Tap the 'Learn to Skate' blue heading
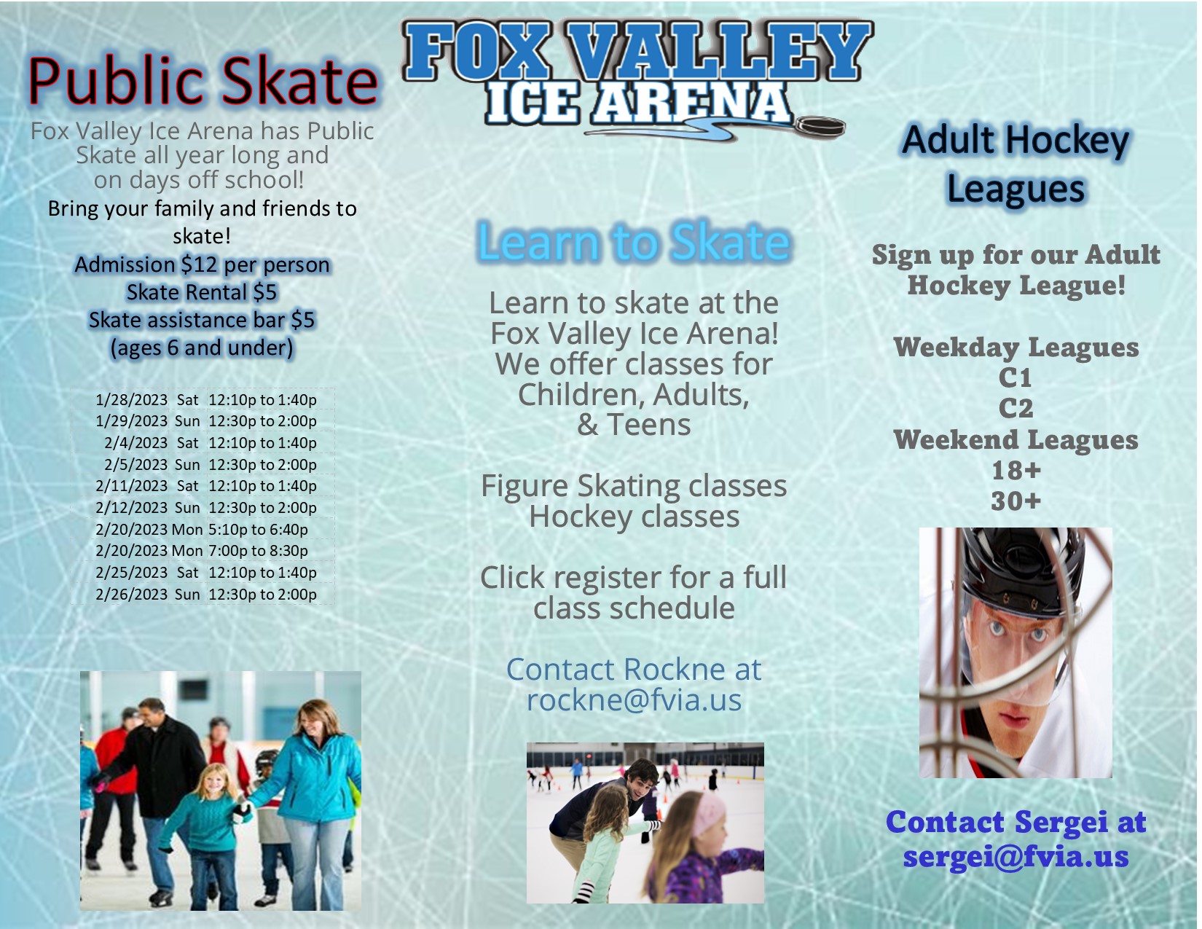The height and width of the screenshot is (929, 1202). point(633,242)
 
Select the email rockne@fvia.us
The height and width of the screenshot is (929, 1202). point(634,700)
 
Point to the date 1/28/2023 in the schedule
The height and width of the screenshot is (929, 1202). point(131,400)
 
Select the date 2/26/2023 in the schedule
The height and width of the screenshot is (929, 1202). point(131,595)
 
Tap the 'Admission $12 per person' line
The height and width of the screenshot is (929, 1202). point(202,264)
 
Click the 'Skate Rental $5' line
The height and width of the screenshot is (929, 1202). point(202,292)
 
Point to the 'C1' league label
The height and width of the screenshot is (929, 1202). point(1016,378)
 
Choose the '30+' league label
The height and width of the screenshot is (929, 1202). point(1016,501)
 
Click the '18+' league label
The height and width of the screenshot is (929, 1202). point(1016,471)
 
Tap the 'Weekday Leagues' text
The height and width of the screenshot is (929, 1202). point(1016,348)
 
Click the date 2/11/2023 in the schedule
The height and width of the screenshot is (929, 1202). point(131,486)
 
